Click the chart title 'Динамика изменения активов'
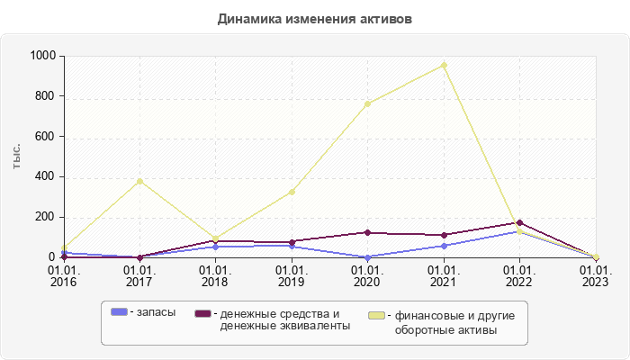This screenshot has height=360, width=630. coord(315,18)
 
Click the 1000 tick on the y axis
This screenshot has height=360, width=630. coord(43,56)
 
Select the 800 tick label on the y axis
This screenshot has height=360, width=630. coord(47,96)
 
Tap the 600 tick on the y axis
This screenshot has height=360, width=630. coord(47,137)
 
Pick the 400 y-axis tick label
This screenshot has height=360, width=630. coord(47,177)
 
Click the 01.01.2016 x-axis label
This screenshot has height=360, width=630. coord(64,275)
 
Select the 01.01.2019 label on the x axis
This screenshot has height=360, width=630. coord(292,275)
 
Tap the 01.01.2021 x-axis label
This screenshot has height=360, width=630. coord(444,275)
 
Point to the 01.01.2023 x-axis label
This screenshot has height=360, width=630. coord(595,275)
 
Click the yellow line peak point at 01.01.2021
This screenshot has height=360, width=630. coord(444,65)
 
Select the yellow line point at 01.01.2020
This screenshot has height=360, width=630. coord(367,103)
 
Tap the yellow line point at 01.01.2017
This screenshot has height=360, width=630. coord(139,181)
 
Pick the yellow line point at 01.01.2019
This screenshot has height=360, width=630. coord(292,192)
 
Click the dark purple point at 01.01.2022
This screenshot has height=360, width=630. coord(519,222)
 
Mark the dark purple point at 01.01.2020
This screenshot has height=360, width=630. coord(367,232)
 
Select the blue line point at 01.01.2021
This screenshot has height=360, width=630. coord(444,246)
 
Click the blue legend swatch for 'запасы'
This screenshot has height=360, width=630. coord(119,312)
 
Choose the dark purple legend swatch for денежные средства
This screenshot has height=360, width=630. coord(203,313)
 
